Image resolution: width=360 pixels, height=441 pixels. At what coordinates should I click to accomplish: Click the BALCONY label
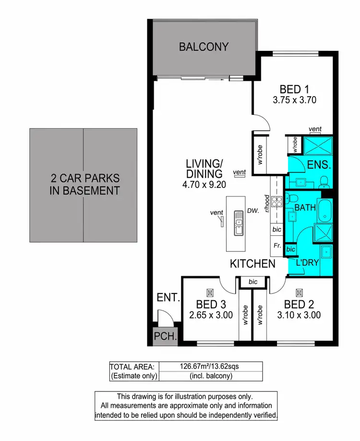[204, 47]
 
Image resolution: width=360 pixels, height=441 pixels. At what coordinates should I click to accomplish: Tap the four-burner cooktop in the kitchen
[276, 201]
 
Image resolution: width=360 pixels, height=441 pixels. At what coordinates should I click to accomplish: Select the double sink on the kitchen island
[239, 223]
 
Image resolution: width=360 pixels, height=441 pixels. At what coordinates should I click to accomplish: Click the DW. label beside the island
[253, 210]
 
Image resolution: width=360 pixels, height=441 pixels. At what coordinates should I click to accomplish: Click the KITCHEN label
[252, 264]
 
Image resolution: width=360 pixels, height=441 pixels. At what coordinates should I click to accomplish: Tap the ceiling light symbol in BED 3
[209, 292]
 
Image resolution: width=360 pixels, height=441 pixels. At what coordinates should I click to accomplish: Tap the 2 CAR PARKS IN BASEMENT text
[85, 184]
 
